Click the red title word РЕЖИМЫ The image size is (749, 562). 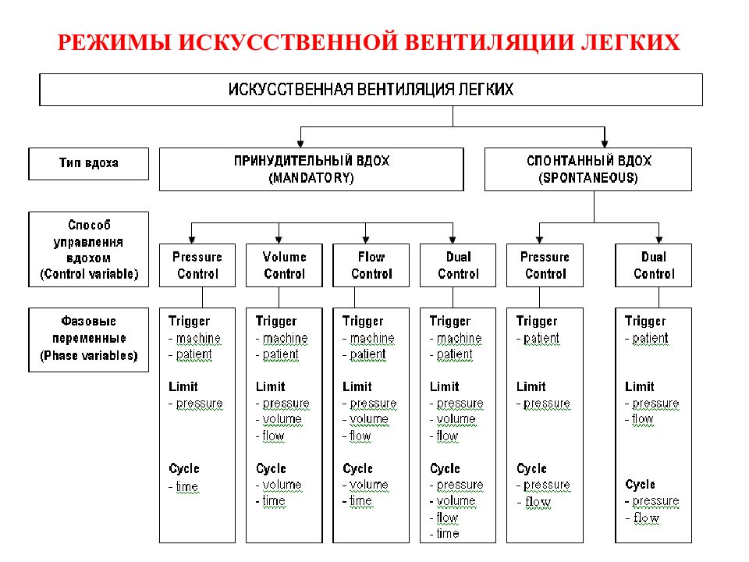click(x=114, y=42)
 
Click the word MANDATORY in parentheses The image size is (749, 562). click(x=311, y=178)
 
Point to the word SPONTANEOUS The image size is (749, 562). click(x=588, y=178)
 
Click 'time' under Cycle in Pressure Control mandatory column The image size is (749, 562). click(x=186, y=486)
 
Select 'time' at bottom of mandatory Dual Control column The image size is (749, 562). click(x=448, y=533)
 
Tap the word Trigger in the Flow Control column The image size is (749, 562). click(x=363, y=321)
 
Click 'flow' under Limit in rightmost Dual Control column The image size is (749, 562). click(x=642, y=419)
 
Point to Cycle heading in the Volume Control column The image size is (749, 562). click(x=271, y=468)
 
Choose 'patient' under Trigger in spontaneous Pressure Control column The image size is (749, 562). click(x=541, y=338)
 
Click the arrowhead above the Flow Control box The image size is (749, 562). click(x=366, y=240)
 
